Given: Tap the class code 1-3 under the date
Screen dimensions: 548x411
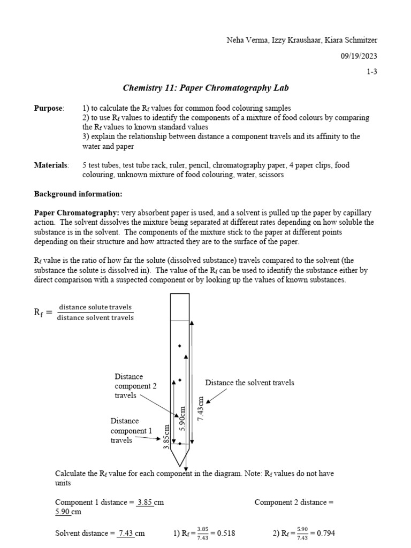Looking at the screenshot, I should (x=371, y=72).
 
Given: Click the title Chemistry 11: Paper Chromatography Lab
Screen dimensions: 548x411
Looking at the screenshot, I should (x=205, y=88).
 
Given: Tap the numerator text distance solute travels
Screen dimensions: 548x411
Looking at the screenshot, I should (x=95, y=307).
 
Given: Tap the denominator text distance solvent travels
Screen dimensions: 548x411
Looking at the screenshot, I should (x=95, y=318).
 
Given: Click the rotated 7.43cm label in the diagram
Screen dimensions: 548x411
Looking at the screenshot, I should (x=201, y=409).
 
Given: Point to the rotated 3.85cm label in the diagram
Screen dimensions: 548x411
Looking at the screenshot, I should (x=166, y=437).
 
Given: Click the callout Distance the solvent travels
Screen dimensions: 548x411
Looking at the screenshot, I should (x=249, y=383).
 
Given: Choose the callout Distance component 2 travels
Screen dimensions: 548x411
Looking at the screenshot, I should (x=135, y=386).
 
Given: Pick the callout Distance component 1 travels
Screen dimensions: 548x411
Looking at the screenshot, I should (x=131, y=430).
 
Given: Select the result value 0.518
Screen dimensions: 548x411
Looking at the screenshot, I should (x=224, y=534).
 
